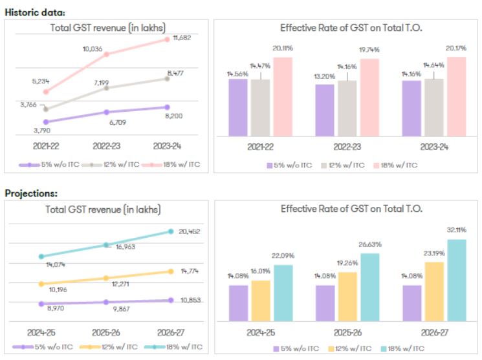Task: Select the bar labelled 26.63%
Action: tap(370, 288)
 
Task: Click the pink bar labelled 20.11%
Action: tap(283, 97)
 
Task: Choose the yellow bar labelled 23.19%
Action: tap(434, 291)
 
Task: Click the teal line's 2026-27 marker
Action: tap(171, 231)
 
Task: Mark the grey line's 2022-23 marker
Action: tap(107, 87)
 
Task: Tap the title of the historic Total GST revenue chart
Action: tap(107, 27)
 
